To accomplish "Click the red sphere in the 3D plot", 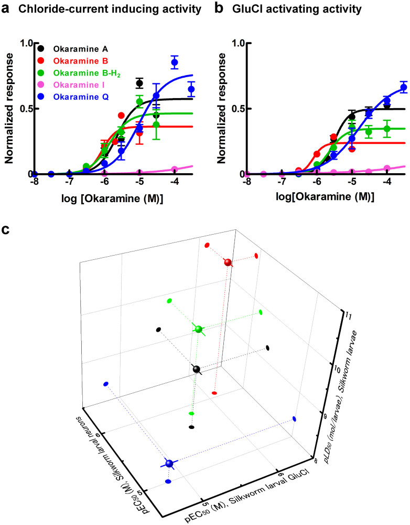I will (x=228, y=262).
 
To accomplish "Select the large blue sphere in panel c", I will (x=169, y=464).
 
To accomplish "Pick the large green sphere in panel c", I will (x=198, y=329).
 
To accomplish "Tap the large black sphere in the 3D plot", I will (x=196, y=369).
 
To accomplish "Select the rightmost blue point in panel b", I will (x=404, y=88).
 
